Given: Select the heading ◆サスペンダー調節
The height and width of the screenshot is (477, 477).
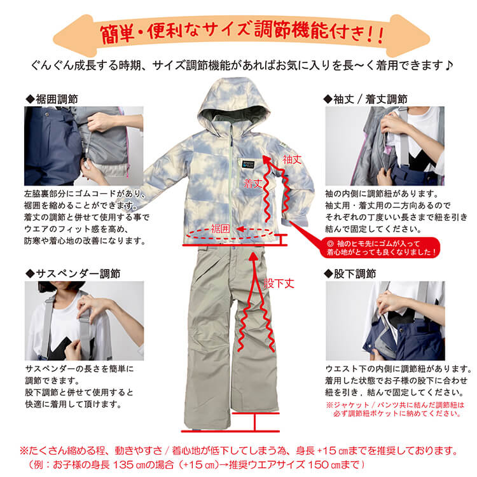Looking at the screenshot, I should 73,273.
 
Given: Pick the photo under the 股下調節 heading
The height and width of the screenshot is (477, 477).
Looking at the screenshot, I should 385,321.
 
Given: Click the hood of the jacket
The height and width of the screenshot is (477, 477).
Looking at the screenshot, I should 232,105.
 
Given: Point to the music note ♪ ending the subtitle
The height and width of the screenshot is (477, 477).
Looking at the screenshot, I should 448,65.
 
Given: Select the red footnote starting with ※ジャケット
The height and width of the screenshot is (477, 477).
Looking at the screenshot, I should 394,408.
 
